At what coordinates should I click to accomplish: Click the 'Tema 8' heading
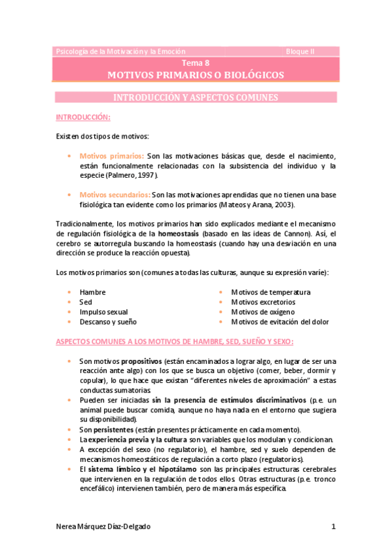point(196,63)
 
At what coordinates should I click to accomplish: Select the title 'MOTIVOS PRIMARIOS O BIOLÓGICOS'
point(196,76)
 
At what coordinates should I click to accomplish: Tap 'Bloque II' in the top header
point(300,51)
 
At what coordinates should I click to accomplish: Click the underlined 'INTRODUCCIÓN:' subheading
point(82,118)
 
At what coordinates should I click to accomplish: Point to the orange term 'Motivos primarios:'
point(112,156)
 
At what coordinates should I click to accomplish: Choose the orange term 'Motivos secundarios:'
point(115,195)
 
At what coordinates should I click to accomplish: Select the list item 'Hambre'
point(92,292)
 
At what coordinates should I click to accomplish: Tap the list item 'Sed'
point(86,302)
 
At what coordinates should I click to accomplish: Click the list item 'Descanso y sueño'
point(108,321)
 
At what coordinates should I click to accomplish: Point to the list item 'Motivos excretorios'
point(263,302)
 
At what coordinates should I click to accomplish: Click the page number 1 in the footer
point(333,527)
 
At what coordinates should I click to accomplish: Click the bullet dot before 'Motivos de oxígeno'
point(222,312)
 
